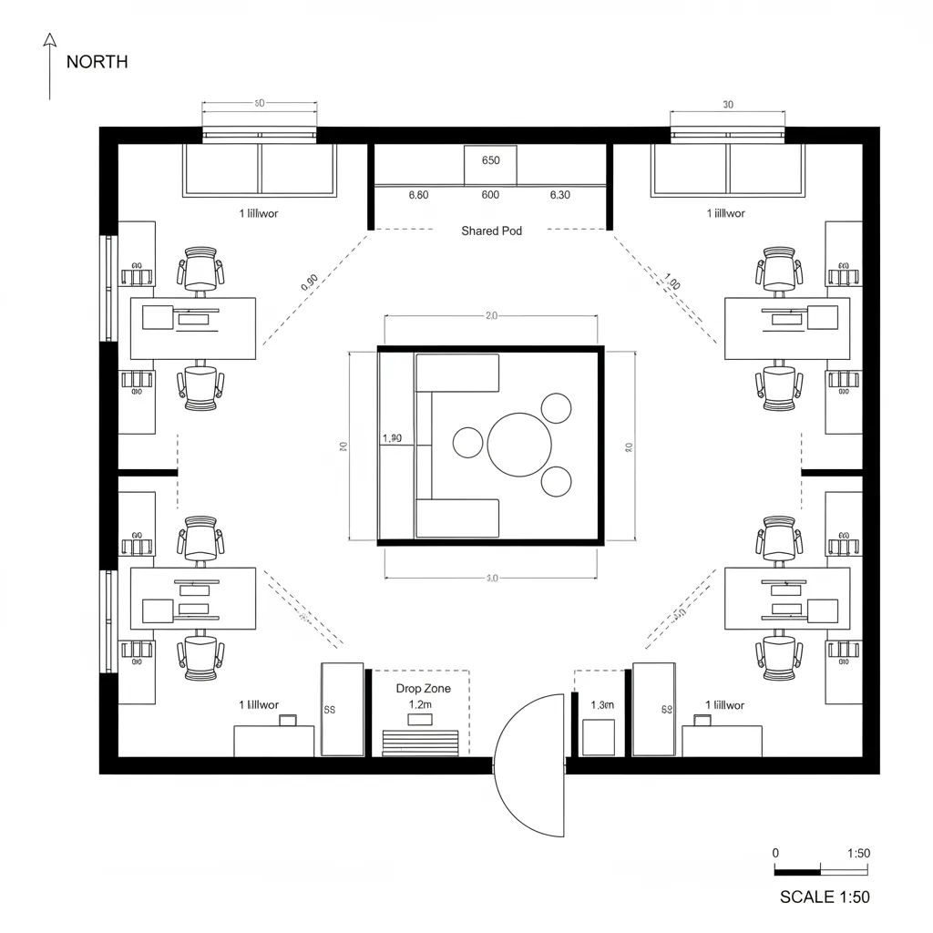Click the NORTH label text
(97, 62)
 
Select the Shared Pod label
(492, 231)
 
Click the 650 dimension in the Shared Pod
(490, 160)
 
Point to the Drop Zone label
(423, 689)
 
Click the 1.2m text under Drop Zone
(420, 704)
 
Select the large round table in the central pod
(519, 444)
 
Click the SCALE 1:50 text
(825, 897)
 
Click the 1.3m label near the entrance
(602, 704)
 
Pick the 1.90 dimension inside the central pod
(392, 438)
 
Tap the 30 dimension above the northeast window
(727, 105)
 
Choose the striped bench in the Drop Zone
(420, 743)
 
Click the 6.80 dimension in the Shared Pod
(419, 195)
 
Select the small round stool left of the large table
(468, 443)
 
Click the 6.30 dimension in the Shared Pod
(560, 195)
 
